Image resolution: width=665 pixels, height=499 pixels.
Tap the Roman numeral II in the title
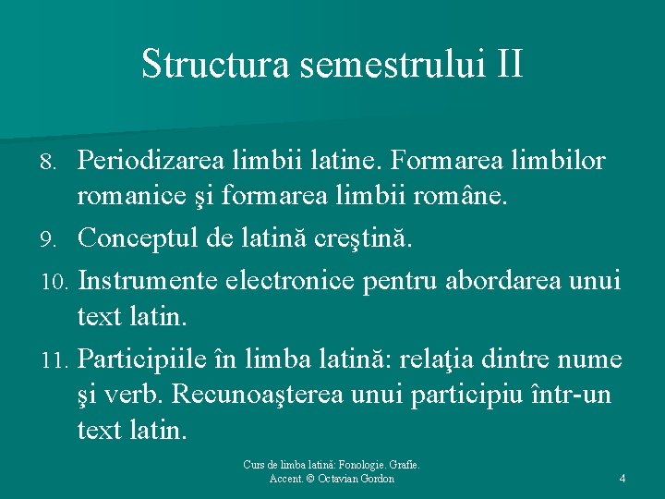pos(509,64)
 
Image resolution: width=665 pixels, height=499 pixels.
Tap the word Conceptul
pos(140,239)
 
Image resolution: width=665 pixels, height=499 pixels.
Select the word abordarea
pos(506,278)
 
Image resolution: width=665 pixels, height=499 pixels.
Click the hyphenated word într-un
pos(572,395)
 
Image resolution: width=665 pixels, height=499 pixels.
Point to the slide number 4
pos(622,479)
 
